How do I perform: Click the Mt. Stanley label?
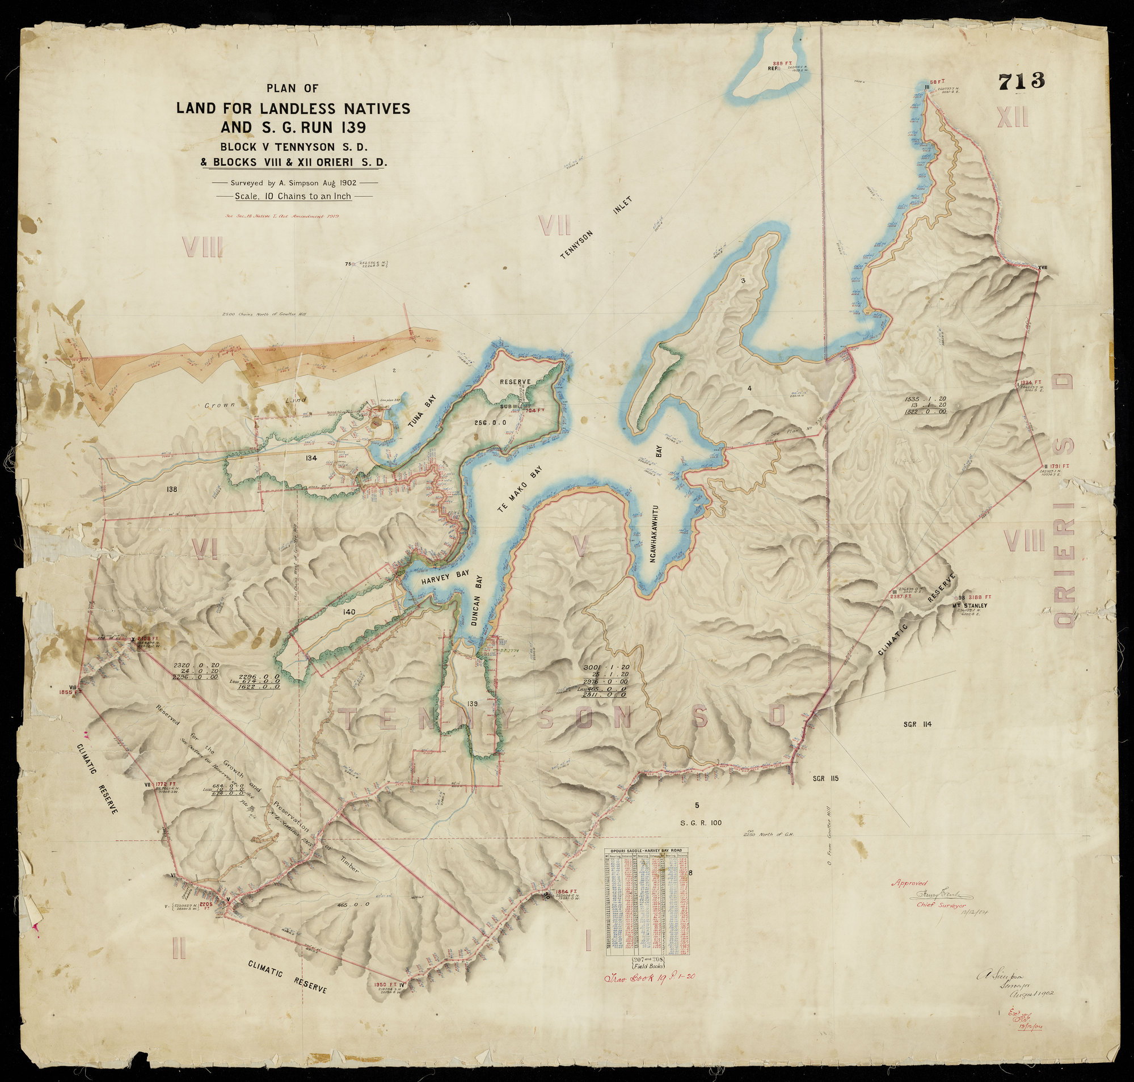pyautogui.click(x=971, y=605)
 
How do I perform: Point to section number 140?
pyautogui.click(x=348, y=612)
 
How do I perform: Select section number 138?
pyautogui.click(x=171, y=490)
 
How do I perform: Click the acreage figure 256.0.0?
pyautogui.click(x=490, y=422)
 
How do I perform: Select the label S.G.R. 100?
pyautogui.click(x=701, y=823)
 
